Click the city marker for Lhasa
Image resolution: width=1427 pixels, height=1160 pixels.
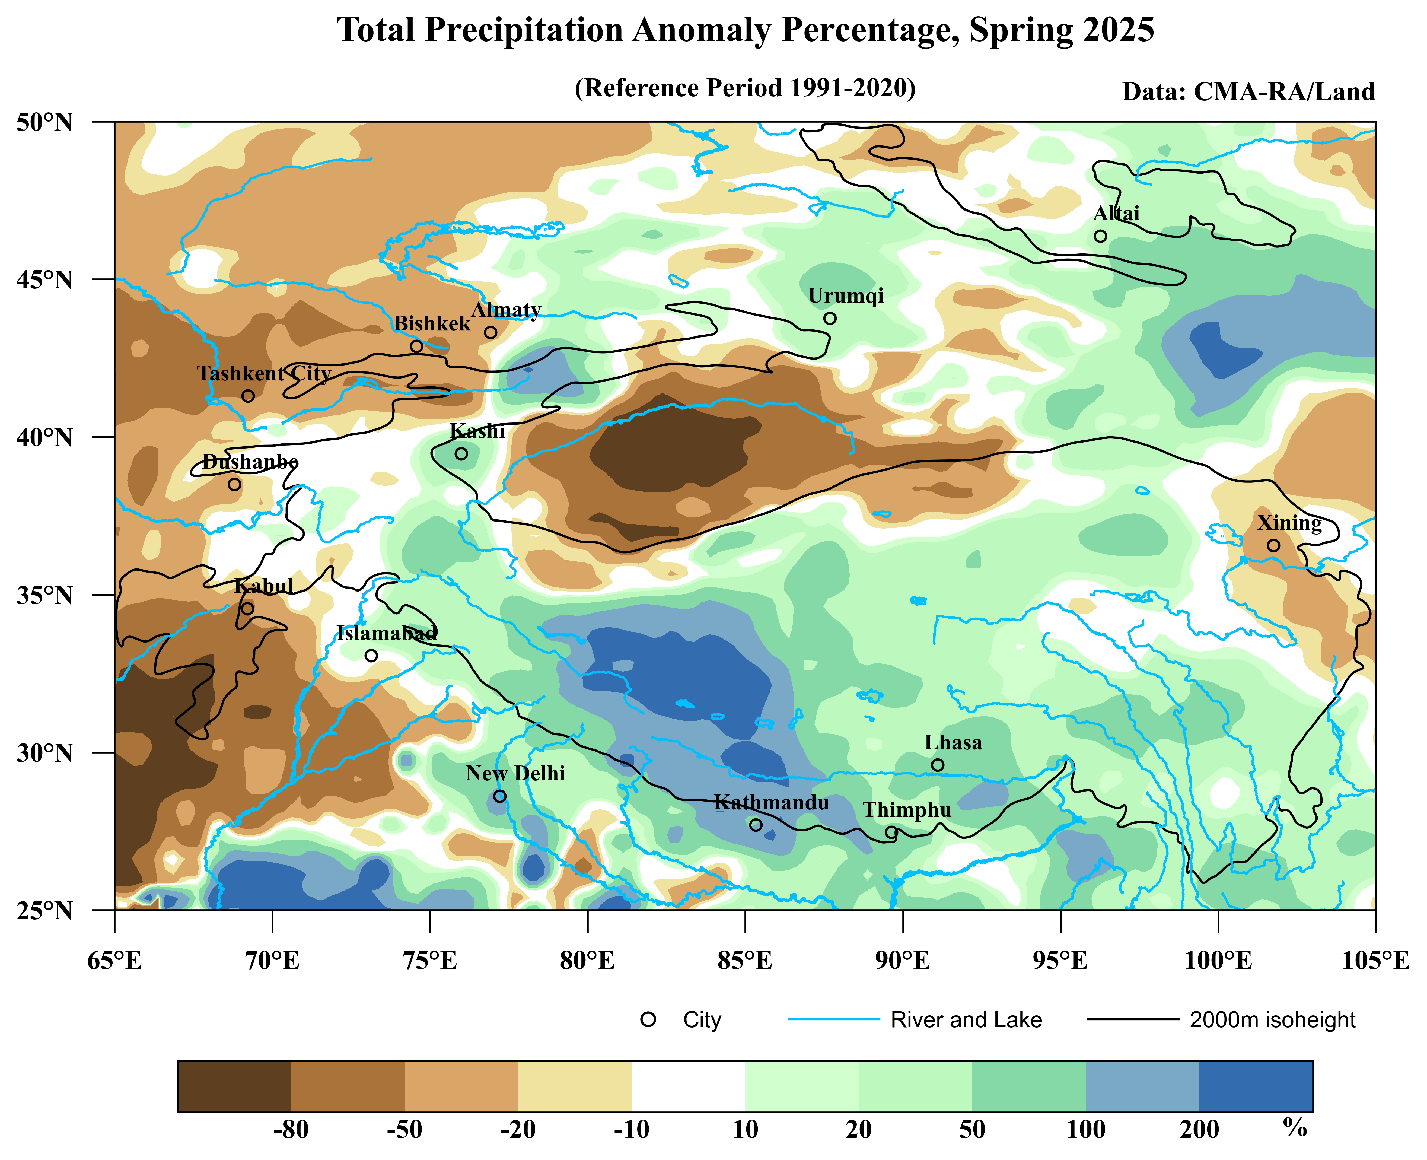point(937,765)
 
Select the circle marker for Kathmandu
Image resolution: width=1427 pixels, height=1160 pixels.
point(756,825)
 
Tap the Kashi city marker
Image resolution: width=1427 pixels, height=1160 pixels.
point(461,454)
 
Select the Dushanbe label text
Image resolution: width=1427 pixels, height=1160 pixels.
point(250,462)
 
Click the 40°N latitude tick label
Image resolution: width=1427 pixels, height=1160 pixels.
point(44,438)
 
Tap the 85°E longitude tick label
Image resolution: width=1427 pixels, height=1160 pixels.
point(745,962)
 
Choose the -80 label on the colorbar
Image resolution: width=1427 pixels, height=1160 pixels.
point(291,1129)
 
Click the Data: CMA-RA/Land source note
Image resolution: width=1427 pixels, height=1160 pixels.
point(1248,91)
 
